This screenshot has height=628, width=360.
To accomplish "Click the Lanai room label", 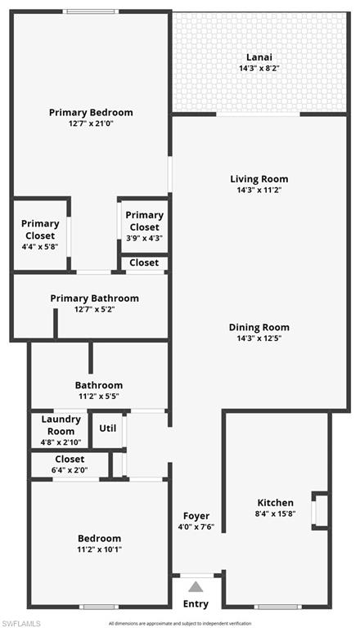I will (259, 57).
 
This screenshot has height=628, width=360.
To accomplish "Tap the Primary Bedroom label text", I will (91, 113).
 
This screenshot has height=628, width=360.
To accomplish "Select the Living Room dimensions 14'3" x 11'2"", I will (259, 190).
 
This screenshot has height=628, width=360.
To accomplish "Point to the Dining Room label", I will (259, 327).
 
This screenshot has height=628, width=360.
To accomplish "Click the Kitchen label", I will (276, 503).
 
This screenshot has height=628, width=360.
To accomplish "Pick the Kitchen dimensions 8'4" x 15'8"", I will (276, 514).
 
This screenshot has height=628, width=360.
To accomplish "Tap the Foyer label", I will (196, 516).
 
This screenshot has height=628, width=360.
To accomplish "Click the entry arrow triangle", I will (195, 585).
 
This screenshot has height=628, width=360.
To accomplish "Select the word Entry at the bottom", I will (196, 604).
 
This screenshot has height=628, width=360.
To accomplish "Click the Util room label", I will (107, 428).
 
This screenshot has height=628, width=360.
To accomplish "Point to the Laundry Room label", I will (61, 425).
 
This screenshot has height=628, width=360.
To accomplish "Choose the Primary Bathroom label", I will (94, 298).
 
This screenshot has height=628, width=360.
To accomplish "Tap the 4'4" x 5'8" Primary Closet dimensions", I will (40, 247).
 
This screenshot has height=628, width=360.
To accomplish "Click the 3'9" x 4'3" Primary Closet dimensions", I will (144, 239).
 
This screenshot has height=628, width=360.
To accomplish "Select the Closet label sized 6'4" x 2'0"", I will (70, 460).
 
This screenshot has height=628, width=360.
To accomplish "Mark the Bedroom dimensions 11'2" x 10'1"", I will (99, 550).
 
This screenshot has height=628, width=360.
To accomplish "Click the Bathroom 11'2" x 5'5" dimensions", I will (98, 397).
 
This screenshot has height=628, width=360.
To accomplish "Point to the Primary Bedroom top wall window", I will (90, 11).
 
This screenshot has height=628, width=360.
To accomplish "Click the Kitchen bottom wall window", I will (277, 607).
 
